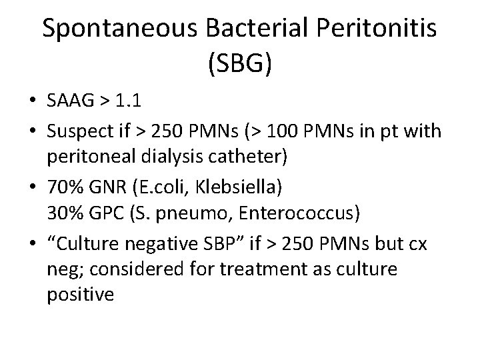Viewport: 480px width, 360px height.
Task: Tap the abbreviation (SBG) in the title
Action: (239, 65)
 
